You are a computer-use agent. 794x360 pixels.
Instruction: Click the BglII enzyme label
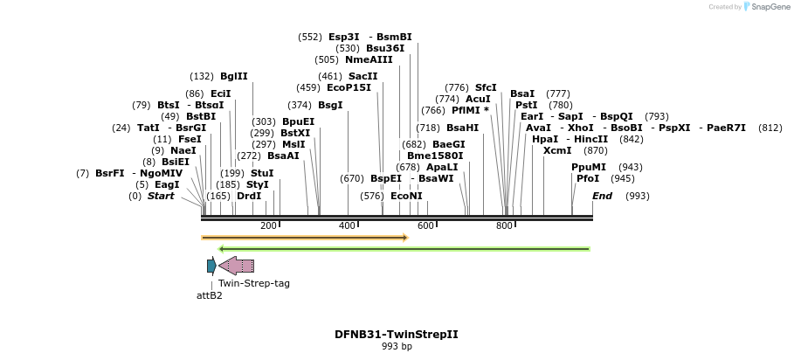[x=234, y=76]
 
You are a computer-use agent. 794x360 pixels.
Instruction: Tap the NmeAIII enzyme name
[x=369, y=59]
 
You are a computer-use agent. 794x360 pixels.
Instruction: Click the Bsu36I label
[x=385, y=48]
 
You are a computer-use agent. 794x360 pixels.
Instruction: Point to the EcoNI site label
[x=406, y=196]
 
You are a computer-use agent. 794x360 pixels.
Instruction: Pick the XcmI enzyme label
[x=557, y=150]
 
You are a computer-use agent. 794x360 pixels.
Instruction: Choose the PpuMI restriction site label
[x=589, y=167]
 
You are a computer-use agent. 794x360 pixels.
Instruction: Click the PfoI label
[x=588, y=178]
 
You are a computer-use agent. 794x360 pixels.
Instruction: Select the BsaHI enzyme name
[x=462, y=128]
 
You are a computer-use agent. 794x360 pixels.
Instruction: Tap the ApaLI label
[x=442, y=167]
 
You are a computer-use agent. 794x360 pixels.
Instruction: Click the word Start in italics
[x=161, y=196]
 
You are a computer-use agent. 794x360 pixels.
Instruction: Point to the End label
[x=602, y=196]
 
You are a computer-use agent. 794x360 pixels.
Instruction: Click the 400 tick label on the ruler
[x=348, y=226]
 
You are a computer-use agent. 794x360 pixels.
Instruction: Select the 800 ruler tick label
[x=505, y=226]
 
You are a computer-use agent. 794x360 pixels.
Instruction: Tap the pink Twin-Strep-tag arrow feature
[x=237, y=266]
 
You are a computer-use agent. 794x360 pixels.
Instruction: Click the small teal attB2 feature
[x=211, y=266]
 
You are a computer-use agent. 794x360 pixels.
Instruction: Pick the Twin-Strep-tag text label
[x=254, y=283]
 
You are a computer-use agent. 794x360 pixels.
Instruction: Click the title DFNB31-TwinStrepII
[x=397, y=335]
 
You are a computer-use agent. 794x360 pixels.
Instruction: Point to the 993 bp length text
[x=397, y=347]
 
